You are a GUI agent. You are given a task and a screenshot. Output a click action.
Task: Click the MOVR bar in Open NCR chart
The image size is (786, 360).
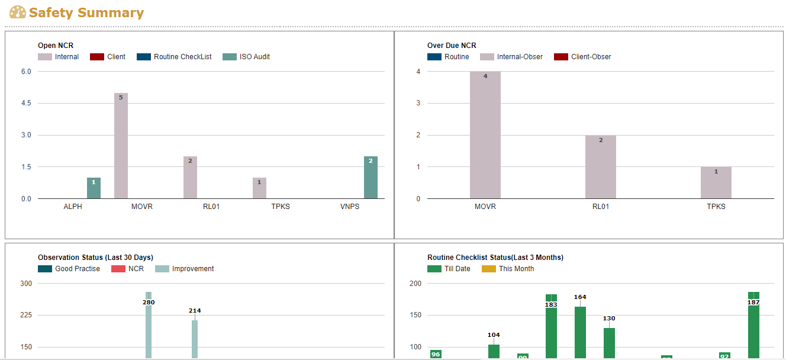[121, 146]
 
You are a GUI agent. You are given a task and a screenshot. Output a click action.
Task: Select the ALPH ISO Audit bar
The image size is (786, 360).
[94, 188]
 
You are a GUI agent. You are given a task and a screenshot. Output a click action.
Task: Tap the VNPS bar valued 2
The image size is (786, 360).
[371, 178]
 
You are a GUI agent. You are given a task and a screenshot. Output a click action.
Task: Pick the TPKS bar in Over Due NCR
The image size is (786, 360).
[716, 182]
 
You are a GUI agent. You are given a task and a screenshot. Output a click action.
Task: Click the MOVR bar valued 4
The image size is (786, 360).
[485, 135]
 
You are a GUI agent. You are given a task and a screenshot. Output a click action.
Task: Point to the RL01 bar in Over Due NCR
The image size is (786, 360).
[601, 167]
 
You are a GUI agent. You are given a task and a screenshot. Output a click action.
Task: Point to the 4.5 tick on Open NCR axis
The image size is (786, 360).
[26, 103]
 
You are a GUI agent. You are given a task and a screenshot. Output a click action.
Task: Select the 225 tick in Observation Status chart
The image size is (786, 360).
[26, 315]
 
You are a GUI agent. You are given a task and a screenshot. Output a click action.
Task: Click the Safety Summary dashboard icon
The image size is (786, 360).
[18, 12]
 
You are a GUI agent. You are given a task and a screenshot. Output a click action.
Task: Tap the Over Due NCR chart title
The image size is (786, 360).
[452, 46]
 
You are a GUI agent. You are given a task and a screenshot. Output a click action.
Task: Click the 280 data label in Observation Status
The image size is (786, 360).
[149, 302]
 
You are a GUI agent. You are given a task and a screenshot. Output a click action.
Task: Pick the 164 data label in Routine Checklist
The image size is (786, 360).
[580, 297]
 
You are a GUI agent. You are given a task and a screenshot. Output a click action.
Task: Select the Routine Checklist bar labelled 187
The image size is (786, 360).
[753, 332]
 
